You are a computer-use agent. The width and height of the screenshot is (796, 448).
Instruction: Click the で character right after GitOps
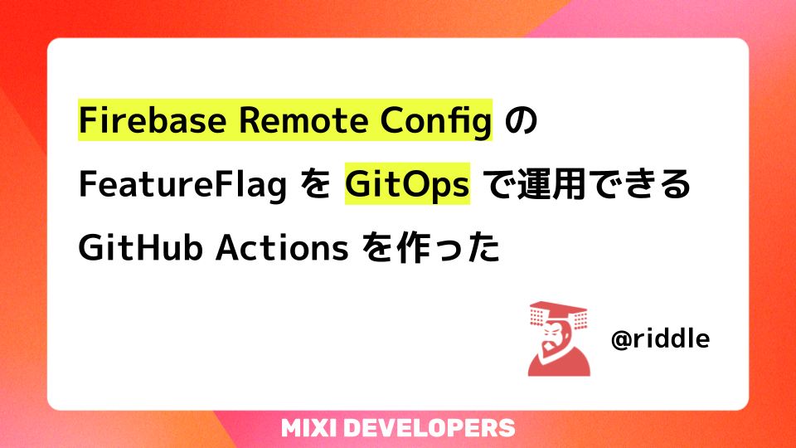(497, 184)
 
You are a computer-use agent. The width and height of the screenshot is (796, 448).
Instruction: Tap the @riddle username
(659, 339)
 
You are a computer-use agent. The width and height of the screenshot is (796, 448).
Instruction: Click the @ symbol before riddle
(620, 339)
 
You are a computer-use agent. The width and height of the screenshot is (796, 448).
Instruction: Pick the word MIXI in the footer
(308, 428)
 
